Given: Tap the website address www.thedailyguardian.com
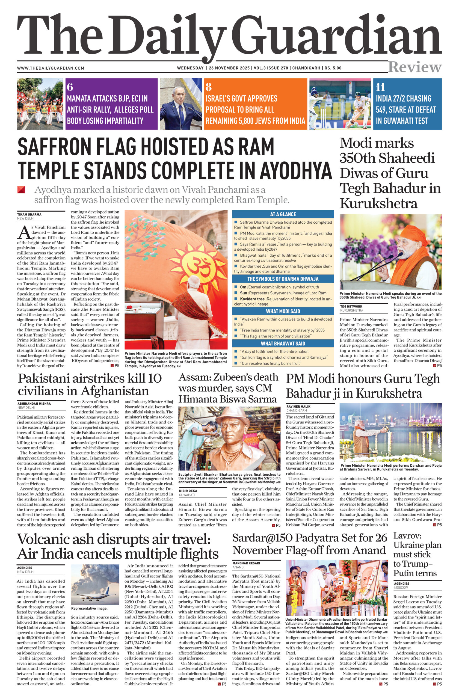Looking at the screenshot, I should (51, 68).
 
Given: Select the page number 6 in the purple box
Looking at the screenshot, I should (70, 87).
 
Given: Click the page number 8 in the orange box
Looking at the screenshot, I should (209, 87).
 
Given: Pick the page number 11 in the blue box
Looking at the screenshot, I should (380, 87).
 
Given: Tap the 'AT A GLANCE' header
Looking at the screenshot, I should (283, 214).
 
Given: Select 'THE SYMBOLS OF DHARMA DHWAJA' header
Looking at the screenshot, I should (283, 279).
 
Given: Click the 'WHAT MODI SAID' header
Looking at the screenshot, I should (283, 311).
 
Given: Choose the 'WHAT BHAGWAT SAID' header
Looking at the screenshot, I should (283, 343).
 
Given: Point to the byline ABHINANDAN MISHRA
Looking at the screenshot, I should (34, 404).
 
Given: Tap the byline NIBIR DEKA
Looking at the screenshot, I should (188, 491).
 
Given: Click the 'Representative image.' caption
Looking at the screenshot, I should (89, 609).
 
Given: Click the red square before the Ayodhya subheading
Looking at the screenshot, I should (21, 190).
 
